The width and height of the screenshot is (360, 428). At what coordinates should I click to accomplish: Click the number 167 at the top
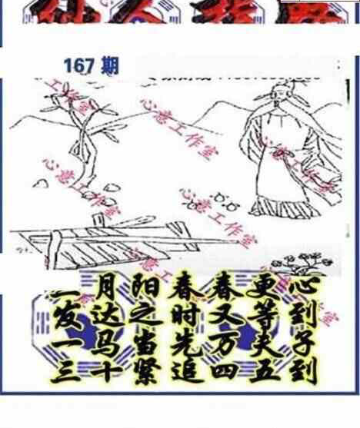click(x=82, y=67)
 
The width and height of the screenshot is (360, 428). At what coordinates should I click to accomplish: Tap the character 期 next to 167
click(x=109, y=66)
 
